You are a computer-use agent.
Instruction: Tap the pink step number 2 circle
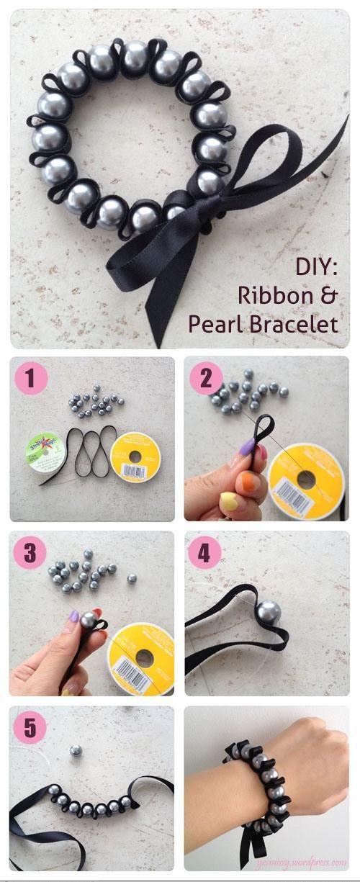[205, 378]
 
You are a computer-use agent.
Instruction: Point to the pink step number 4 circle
[205, 553]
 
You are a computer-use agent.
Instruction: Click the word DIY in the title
[316, 267]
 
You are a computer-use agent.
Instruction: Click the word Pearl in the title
[216, 325]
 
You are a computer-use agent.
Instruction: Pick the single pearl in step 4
[267, 611]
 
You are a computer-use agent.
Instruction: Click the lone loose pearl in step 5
[75, 751]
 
